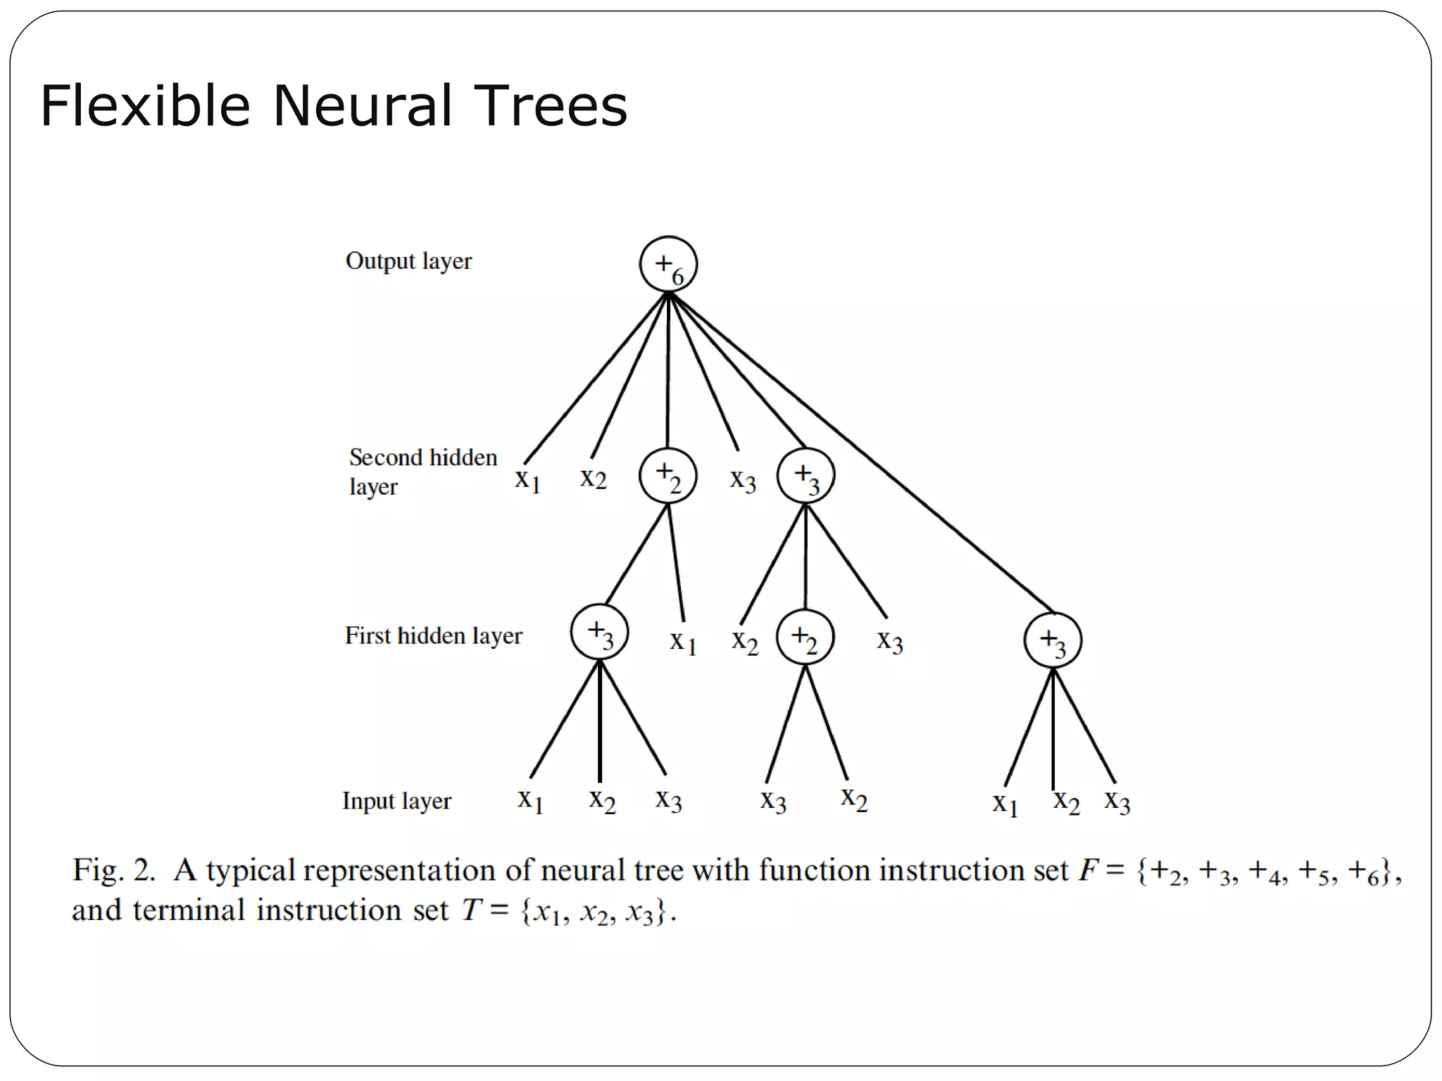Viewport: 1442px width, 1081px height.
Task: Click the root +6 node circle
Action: (x=668, y=265)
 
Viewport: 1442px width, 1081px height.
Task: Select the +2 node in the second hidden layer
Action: (x=667, y=476)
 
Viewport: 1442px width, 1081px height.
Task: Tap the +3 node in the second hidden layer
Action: (x=805, y=476)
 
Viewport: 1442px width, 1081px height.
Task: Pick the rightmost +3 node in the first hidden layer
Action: (x=1053, y=640)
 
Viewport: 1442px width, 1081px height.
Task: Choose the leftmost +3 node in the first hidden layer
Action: (x=599, y=631)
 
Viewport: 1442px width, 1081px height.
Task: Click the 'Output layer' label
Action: (x=408, y=261)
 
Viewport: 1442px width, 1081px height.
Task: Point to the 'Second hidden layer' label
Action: (x=422, y=471)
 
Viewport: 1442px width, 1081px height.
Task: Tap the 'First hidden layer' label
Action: (x=433, y=636)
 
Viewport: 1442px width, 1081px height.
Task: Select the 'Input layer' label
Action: (x=396, y=801)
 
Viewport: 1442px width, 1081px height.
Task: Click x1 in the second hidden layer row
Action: (x=527, y=480)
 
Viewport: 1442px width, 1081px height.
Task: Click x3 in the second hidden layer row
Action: (x=743, y=481)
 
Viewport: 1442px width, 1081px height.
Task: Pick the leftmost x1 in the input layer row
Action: (x=530, y=800)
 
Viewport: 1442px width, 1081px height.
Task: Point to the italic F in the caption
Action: (x=1089, y=871)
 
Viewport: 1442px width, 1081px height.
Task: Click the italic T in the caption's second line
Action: (x=470, y=911)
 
